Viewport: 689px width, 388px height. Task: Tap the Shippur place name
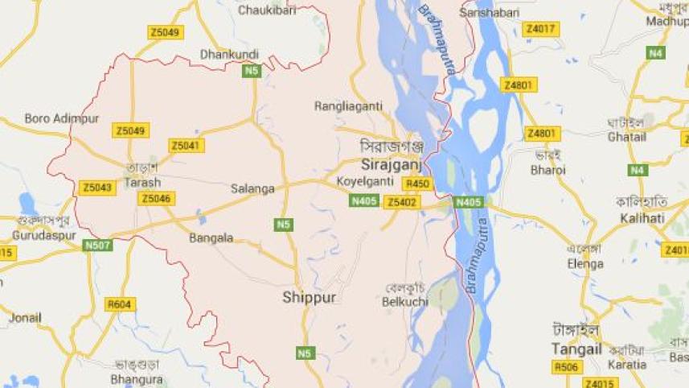click(309, 298)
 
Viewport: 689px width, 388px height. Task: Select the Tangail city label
click(577, 349)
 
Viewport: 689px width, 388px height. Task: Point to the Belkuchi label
click(405, 302)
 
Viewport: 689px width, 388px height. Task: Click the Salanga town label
click(252, 188)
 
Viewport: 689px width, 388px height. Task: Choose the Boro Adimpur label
click(61, 118)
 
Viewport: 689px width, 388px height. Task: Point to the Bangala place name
click(211, 237)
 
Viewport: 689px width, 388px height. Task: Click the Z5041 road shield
click(187, 146)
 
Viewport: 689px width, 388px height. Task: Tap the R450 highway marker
click(419, 184)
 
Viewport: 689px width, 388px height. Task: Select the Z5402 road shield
click(401, 202)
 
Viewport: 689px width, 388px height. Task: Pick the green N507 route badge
click(97, 245)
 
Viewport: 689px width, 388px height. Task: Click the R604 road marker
click(121, 304)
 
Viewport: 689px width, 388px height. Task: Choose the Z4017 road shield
click(540, 30)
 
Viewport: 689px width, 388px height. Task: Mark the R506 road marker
click(566, 367)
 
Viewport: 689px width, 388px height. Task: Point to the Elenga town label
click(584, 263)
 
